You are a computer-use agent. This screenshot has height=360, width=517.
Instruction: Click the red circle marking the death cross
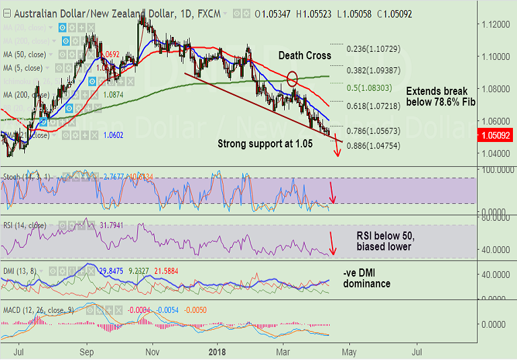click(x=292, y=79)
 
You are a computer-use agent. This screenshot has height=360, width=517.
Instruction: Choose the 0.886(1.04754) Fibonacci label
click(x=372, y=145)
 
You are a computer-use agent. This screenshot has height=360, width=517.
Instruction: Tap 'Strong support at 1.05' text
click(x=265, y=143)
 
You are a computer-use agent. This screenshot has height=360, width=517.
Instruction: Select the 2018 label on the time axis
click(x=217, y=351)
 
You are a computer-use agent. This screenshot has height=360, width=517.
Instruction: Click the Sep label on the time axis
click(x=87, y=351)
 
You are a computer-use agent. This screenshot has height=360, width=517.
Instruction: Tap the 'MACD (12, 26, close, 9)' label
click(x=37, y=310)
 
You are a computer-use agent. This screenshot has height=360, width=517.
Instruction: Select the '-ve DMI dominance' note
click(x=367, y=279)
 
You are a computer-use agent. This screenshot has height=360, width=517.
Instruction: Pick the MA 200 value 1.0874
click(x=114, y=96)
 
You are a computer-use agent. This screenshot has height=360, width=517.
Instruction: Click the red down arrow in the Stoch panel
click(x=333, y=193)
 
